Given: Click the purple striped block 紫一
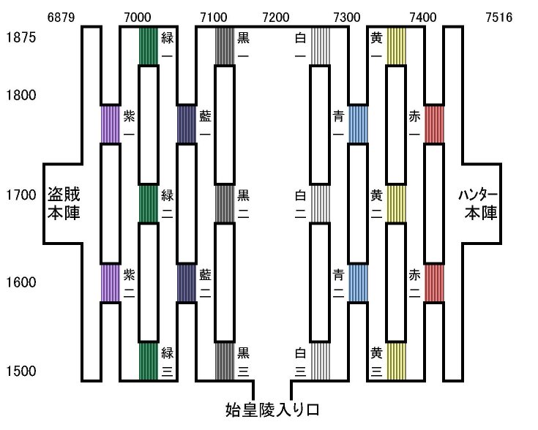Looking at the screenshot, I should [110, 124].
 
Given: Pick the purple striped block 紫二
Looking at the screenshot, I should [110, 283].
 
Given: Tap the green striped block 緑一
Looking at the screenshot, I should [149, 45].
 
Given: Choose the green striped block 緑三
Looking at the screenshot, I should [149, 361].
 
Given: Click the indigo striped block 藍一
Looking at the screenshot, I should [187, 124].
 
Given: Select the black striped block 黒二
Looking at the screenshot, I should [224, 203].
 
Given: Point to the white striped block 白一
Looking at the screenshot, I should [320, 45].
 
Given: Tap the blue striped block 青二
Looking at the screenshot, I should [358, 283].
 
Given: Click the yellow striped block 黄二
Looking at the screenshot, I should [396, 203].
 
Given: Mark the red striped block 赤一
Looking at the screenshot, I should [434, 124].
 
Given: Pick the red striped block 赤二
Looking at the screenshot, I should [434, 283].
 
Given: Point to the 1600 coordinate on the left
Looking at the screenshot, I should [20, 283].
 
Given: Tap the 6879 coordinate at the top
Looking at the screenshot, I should [61, 17].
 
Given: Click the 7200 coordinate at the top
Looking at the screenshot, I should [276, 17].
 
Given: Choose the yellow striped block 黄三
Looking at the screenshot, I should [396, 361].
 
